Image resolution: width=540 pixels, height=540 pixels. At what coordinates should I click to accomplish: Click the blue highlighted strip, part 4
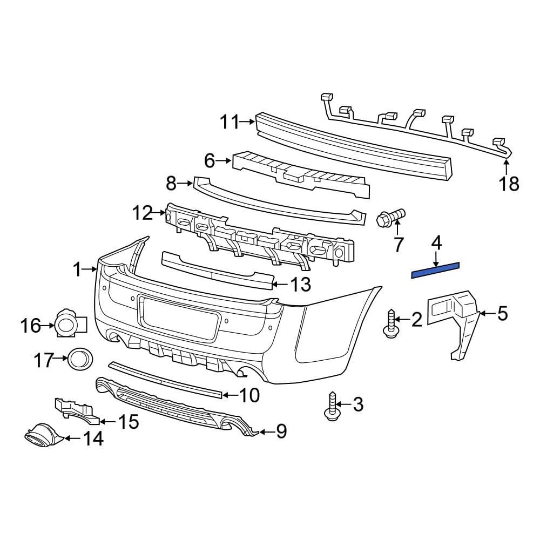(x=435, y=269)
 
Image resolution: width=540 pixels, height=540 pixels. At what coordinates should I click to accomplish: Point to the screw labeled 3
(x=332, y=406)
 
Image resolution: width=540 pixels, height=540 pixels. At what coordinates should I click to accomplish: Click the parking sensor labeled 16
(x=69, y=324)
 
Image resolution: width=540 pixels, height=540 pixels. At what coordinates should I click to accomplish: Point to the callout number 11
(x=229, y=123)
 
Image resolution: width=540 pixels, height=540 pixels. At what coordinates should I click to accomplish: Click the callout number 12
(x=143, y=214)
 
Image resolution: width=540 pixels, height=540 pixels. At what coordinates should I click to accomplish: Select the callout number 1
(x=77, y=268)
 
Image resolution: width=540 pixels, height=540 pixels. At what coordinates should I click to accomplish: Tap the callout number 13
(x=300, y=284)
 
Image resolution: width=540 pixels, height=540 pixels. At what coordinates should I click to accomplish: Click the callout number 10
(x=249, y=395)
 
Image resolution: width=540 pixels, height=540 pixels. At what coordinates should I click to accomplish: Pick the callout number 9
(x=281, y=431)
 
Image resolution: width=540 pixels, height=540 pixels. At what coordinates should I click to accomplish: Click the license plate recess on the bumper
(x=179, y=316)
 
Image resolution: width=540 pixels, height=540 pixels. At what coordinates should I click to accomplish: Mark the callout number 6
(x=209, y=160)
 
